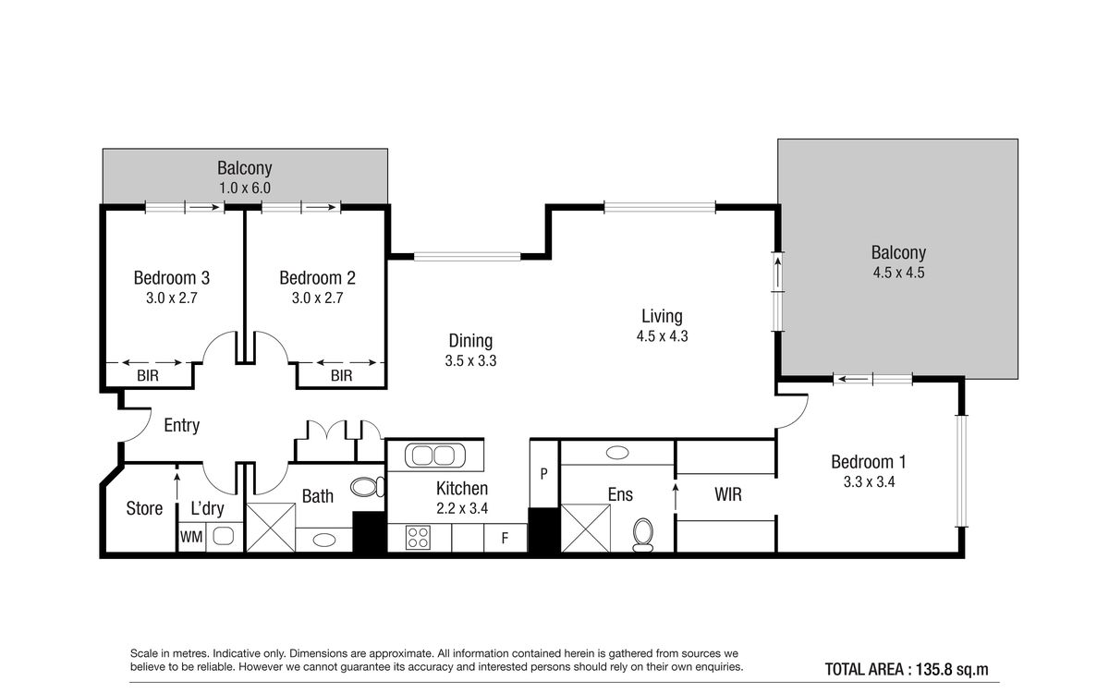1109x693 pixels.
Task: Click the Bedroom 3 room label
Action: pos(172,278)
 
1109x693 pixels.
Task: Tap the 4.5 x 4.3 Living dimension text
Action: pos(662,336)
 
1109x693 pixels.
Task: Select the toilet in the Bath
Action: pos(368,487)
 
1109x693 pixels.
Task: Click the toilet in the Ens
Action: pos(643,535)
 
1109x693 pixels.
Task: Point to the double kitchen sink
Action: pos(435,456)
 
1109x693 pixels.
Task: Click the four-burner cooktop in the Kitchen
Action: pos(418,538)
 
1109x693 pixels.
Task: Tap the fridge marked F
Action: pos(505,538)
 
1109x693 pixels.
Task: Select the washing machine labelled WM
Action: pos(191,537)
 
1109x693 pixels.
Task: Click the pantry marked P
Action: pos(544,474)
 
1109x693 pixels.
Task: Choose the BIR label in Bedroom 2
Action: pos(342,376)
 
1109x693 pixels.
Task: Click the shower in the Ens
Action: pos(585,529)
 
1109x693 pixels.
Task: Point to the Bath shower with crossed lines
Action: pos(271,528)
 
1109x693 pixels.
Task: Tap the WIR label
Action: pos(728,494)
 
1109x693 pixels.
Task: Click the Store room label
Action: pos(144,508)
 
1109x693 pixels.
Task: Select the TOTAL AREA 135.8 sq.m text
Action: pos(907,669)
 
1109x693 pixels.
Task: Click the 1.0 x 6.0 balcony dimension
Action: pos(245,188)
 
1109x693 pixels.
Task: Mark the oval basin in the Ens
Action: pos(617,453)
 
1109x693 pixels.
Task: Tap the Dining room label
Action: pos(470,341)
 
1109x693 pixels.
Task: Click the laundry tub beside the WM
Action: pos(224,536)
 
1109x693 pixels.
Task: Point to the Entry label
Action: pos(182,425)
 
